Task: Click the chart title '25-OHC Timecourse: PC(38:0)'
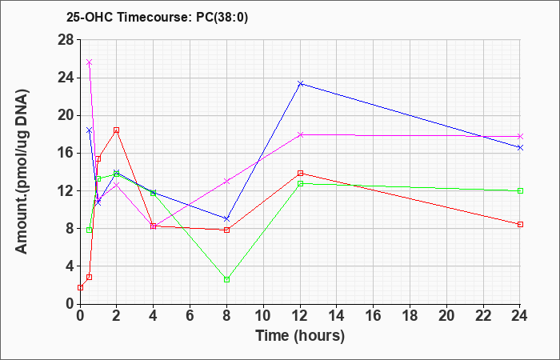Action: (x=157, y=17)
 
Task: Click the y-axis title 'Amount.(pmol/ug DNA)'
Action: (x=22, y=172)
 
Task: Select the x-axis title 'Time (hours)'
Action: (x=300, y=336)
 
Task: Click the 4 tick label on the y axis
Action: (x=70, y=266)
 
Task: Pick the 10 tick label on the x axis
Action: (x=263, y=316)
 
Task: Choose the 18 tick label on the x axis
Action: (x=410, y=316)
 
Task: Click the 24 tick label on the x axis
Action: (x=520, y=316)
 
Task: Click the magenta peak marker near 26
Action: (x=90, y=62)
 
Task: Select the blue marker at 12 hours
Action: (x=300, y=83)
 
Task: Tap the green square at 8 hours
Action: (x=226, y=280)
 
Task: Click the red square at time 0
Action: (x=80, y=287)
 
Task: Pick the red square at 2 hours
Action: (x=117, y=130)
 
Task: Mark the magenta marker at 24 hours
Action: (x=520, y=137)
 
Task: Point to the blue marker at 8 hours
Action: (x=226, y=218)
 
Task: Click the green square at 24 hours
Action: (x=520, y=190)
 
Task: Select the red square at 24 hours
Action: (x=520, y=224)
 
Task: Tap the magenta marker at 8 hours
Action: (x=226, y=181)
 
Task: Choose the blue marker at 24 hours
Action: (x=520, y=147)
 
